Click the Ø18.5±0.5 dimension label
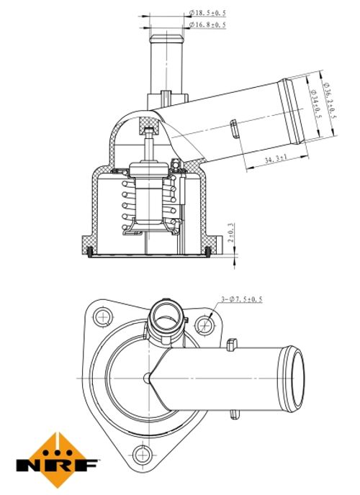click(207, 13)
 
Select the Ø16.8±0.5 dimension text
click(207, 24)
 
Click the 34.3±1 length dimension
click(275, 159)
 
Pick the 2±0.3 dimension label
click(231, 232)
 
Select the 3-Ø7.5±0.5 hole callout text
click(242, 299)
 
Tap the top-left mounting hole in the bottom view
click(103, 317)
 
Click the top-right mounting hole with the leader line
click(204, 325)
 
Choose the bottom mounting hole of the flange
click(143, 455)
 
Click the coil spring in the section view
click(149, 205)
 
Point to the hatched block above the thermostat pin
click(149, 124)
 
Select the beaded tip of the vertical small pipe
click(166, 39)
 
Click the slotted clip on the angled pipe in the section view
click(234, 129)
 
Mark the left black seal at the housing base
click(90, 251)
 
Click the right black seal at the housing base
click(208, 251)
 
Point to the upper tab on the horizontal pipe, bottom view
click(232, 345)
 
